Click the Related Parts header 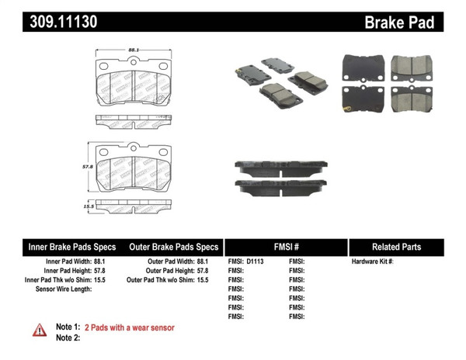[x=396, y=247]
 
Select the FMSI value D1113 [x=256, y=261]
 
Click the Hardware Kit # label [x=373, y=261]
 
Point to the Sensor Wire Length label [x=64, y=289]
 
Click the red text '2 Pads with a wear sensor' [x=129, y=327]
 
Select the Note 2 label [x=68, y=338]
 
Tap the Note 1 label [x=68, y=327]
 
